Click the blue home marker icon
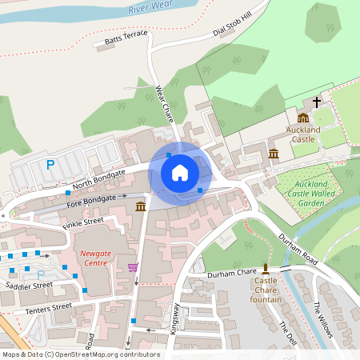pos(180,172)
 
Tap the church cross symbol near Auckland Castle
pos(317,102)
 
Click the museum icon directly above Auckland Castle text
pos(303,117)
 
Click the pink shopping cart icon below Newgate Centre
pos(133,267)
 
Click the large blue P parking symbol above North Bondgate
pos(50,165)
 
